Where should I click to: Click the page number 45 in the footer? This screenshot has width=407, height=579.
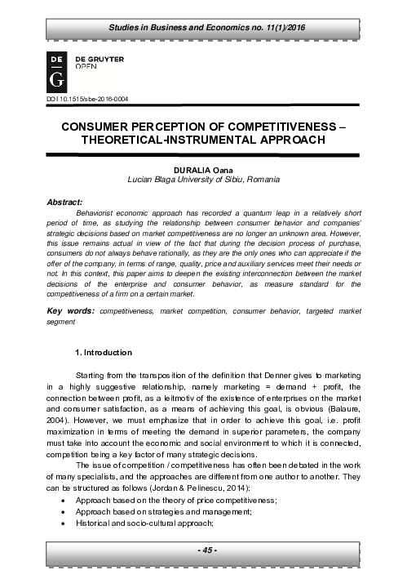[203, 552]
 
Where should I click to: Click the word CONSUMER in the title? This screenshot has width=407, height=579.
[97, 127]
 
